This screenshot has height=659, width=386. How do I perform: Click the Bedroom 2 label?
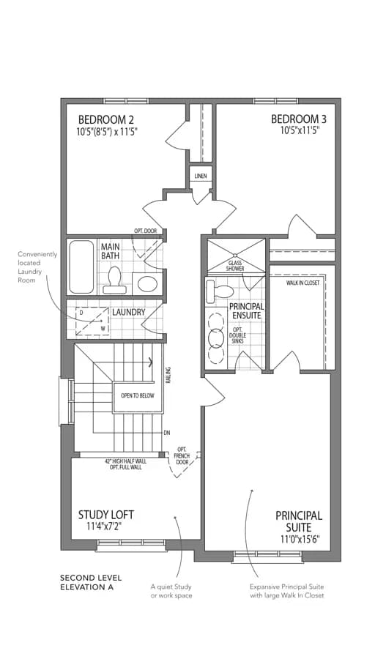pyautogui.click(x=103, y=119)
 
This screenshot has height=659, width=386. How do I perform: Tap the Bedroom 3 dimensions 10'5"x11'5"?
pyautogui.click(x=297, y=131)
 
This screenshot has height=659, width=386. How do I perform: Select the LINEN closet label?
pyautogui.click(x=201, y=176)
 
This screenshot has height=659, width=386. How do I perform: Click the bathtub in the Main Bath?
pyautogui.click(x=81, y=267)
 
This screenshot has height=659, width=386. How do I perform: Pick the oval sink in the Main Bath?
pyautogui.click(x=146, y=283)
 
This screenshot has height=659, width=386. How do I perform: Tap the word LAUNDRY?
pyautogui.click(x=128, y=312)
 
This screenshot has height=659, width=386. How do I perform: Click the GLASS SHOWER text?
pyautogui.click(x=235, y=266)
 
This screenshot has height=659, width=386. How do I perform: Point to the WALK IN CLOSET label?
pyautogui.click(x=303, y=283)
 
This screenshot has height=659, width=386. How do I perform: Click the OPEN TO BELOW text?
pyautogui.click(x=138, y=396)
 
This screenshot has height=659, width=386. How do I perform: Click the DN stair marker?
pyautogui.click(x=167, y=433)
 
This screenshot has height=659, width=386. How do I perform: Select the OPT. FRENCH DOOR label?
pyautogui.click(x=182, y=456)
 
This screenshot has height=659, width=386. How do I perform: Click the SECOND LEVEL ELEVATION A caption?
pyautogui.click(x=91, y=583)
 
